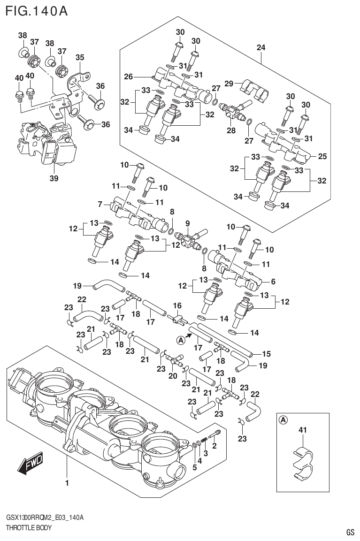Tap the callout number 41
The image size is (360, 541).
pyautogui.click(x=303, y=430)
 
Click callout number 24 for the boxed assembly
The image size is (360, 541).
pyautogui.click(x=261, y=47)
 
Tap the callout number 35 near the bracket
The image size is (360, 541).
pyautogui.click(x=80, y=57)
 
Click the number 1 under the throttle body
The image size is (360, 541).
pyautogui.click(x=67, y=482)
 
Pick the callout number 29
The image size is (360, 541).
pyautogui.click(x=229, y=83)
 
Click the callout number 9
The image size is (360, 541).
pyautogui.click(x=187, y=223)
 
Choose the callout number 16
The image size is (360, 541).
pyautogui.click(x=177, y=305)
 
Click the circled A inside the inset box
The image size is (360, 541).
pyautogui.click(x=283, y=420)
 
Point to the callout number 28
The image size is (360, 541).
pyautogui.click(x=231, y=130)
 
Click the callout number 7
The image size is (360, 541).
pyautogui.click(x=100, y=204)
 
